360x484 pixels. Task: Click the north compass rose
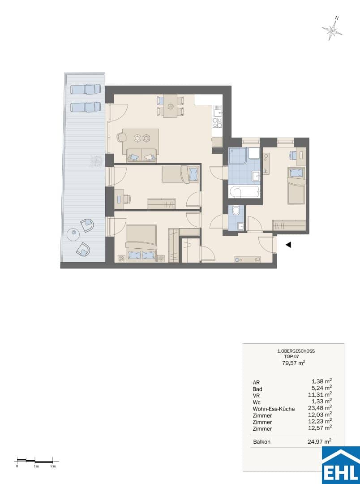pos(332,29)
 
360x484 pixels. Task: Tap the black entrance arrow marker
pos(288,245)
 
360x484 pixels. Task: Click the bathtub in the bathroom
pos(244,193)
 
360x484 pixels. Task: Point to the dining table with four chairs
pos(170,106)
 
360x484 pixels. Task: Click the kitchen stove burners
pos(218,123)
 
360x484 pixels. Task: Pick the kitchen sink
pos(218,111)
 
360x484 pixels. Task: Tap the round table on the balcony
pos(74,236)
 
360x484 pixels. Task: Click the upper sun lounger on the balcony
pos(86,90)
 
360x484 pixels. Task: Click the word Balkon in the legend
pos(261,442)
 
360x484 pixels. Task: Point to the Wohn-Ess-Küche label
pos(274,409)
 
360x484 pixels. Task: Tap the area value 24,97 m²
pos(320,441)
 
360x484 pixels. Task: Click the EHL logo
pos(341,466)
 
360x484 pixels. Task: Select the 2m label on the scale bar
pos(53,466)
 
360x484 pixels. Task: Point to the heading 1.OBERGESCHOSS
pos(296,351)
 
